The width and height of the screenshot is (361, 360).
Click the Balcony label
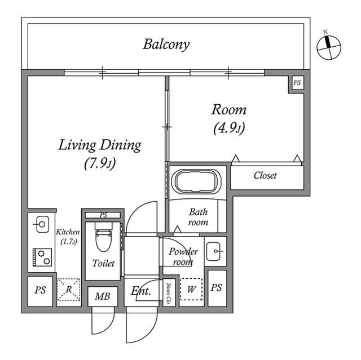pos(166,45)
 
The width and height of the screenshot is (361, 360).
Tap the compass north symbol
pos(329,48)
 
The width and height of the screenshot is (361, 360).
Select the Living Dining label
pos(99,145)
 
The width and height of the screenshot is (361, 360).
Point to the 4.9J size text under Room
pos(229,128)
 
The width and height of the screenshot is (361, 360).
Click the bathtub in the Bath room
pos(198,181)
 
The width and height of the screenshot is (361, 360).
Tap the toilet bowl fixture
pos(104,237)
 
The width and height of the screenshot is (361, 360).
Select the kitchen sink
pos(42,224)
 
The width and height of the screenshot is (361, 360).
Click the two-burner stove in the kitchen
pos(42,257)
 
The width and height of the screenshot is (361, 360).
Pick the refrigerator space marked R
pos(69,290)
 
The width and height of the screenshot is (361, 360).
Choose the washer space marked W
pos(191,289)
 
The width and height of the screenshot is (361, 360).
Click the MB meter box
pos(103,296)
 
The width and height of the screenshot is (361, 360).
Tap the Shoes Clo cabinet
pos(169,292)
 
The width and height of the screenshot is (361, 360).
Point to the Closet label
pos(265,176)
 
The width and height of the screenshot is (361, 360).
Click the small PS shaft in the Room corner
pos(297,83)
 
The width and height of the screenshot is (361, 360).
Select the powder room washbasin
pos(213,251)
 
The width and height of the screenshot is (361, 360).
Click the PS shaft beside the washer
pos(217,288)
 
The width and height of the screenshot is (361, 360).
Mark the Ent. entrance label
pos(140,291)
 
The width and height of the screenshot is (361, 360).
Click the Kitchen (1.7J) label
pos(68,237)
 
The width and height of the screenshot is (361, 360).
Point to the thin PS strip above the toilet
pos(103,215)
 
